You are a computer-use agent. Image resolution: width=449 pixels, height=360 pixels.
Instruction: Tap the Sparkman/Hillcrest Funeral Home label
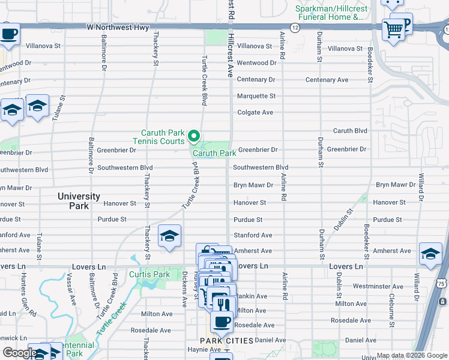pyautogui.click(x=330, y=13)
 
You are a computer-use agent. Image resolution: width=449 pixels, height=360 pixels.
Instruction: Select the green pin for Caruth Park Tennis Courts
pyautogui.click(x=194, y=137)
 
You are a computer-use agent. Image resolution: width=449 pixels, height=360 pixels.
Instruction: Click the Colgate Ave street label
pyautogui.click(x=255, y=112)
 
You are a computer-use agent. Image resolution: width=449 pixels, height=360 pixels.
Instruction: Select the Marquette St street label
pyautogui.click(x=256, y=96)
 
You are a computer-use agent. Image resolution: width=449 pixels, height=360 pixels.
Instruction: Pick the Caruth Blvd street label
pyautogui.click(x=350, y=131)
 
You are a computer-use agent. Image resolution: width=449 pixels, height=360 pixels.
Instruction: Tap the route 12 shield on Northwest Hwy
pyautogui.click(x=295, y=28)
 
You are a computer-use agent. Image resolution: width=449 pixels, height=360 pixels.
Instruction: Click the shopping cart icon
pyautogui.click(x=393, y=28)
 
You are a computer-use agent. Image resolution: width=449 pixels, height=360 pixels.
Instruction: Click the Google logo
pyautogui.click(x=20, y=353)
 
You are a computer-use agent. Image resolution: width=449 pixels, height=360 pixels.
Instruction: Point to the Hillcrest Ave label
pyautogui.click(x=230, y=60)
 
